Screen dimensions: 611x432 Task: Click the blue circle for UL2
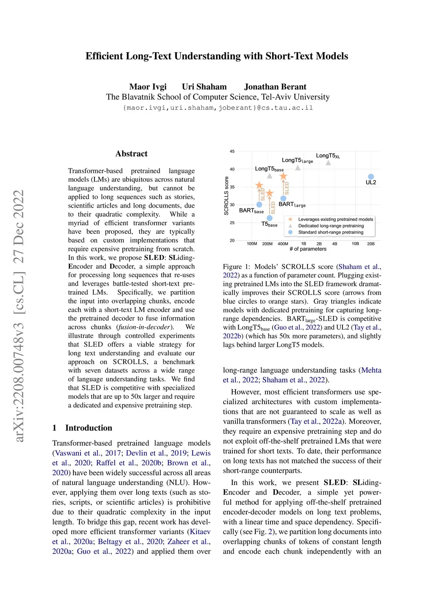[371, 177]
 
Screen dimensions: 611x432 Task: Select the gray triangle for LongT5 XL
[328, 163]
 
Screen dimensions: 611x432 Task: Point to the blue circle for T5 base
[270, 218]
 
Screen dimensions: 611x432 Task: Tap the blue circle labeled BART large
[283, 198]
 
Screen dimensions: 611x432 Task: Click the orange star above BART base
[259, 186]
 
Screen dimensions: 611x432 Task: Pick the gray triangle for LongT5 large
[298, 168]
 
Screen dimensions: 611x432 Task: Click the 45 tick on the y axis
[232, 151]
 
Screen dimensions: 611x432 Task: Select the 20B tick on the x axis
[371, 244]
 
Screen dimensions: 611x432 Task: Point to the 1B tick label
[303, 244]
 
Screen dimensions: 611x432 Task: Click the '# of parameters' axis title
[308, 249]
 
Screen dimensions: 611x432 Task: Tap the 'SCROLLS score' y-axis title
[227, 196]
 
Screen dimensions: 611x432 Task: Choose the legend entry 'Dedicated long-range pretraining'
[331, 226]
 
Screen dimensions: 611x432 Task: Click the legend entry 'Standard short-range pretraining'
[330, 232]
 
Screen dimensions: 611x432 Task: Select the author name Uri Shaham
[204, 87]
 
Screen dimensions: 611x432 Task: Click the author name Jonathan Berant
[275, 87]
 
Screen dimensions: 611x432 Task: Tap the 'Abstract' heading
[132, 154]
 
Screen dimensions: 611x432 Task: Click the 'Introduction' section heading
[89, 428]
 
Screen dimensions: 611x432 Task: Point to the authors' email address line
[218, 108]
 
